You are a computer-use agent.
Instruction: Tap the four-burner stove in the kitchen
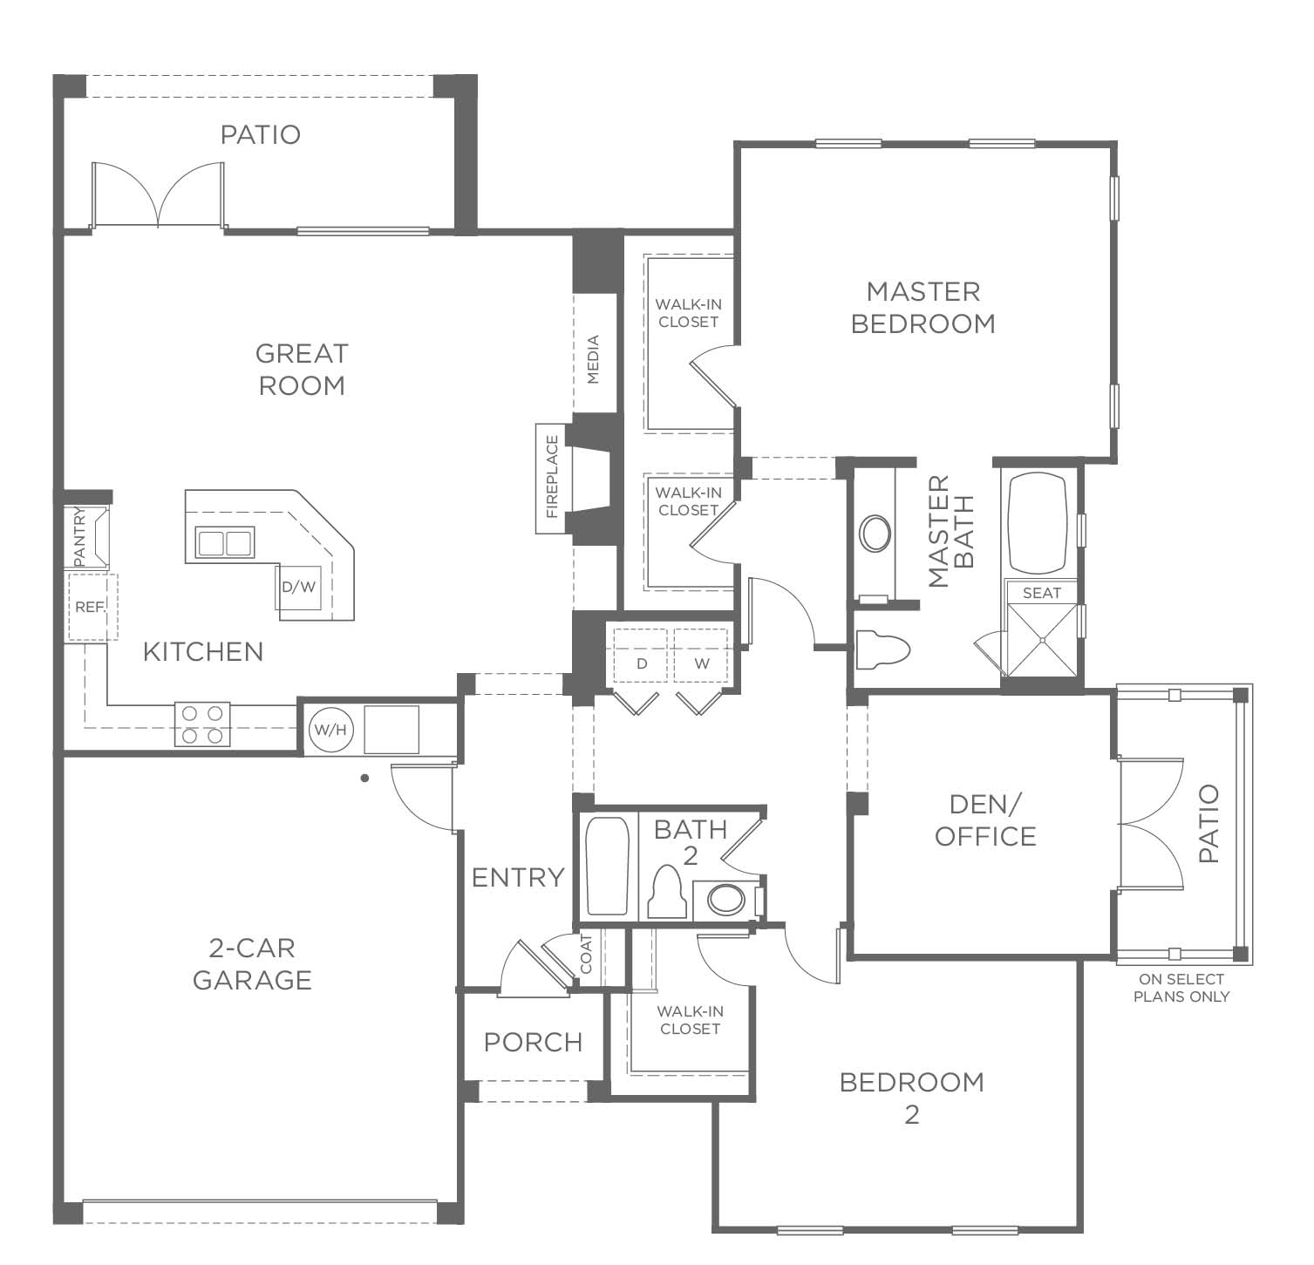point(202,724)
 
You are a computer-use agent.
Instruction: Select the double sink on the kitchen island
point(224,543)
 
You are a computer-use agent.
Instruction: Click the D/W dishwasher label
point(298,587)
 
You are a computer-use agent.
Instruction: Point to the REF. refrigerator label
point(90,607)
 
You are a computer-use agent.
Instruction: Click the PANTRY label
point(78,536)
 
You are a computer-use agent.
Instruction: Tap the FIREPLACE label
point(551,477)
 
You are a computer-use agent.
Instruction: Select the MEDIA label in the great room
point(593,359)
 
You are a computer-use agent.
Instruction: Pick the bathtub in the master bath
point(1038,522)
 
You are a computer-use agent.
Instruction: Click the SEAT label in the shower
point(1042,593)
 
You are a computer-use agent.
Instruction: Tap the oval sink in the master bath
point(875,534)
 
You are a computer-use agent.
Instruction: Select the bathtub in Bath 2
point(607,865)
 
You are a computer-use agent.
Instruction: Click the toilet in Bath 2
point(666,892)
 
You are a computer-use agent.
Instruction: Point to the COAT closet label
point(586,955)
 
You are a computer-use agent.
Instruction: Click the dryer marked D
point(642,663)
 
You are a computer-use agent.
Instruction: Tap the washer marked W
point(702,663)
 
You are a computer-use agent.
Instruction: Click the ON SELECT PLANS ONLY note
point(1181,988)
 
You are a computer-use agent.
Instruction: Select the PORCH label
point(533,1042)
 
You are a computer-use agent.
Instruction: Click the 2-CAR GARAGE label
point(252,963)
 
